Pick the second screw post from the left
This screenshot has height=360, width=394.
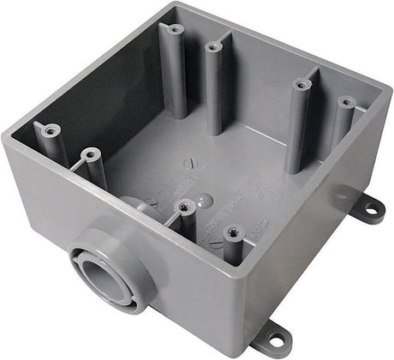pos(88,156)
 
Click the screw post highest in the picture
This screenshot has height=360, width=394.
pos(174,30)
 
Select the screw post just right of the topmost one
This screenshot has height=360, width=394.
pos(212,48)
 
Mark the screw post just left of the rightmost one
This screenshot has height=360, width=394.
pos(301,85)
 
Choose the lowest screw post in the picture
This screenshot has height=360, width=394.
pos(231,231)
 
